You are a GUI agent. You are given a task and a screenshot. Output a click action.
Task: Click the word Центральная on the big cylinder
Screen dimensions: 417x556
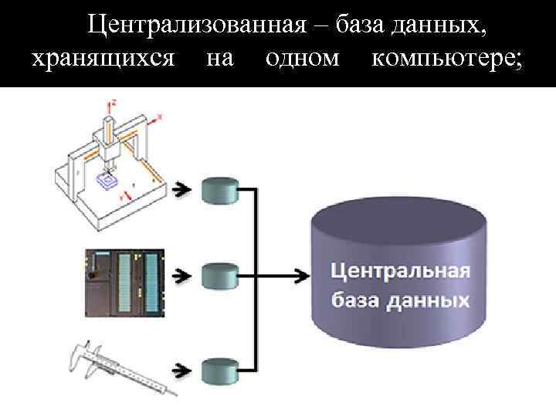400,272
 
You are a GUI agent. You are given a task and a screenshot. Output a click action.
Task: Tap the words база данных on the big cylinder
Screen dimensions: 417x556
400,300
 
